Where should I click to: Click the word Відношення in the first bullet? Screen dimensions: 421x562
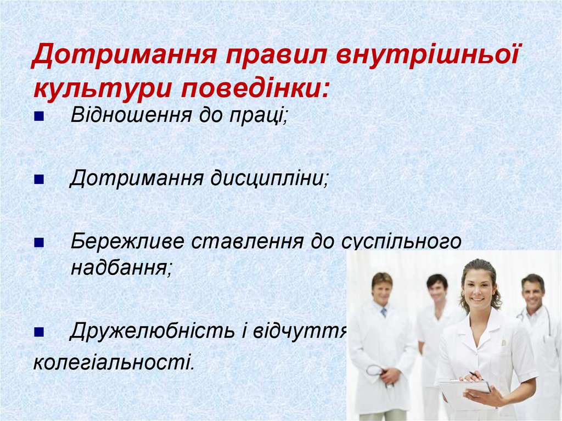pos(131,115)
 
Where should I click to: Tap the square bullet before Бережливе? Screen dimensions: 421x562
pos(38,243)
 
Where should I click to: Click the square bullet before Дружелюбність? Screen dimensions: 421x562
pos(38,332)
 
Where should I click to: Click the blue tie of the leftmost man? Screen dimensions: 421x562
pos(384,312)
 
